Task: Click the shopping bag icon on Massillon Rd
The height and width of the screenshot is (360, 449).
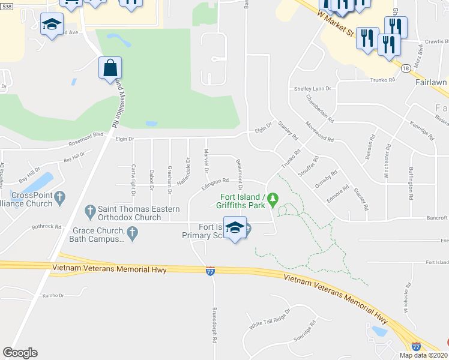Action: [x=110, y=68]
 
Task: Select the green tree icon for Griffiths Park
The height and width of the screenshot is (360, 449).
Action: [x=273, y=197]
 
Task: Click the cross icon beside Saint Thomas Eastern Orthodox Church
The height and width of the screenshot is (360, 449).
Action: [x=90, y=211]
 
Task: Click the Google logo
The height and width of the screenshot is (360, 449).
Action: [x=20, y=353]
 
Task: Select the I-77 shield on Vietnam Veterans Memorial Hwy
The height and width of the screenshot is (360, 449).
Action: [x=210, y=271]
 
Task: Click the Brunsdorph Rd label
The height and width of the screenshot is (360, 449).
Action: [x=214, y=325]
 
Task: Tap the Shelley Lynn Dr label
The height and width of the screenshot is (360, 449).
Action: [x=312, y=89]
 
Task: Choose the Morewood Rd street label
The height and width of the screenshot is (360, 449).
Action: [x=319, y=130]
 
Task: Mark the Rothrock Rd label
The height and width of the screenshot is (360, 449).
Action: [x=47, y=227]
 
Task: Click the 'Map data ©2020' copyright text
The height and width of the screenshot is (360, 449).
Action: [x=423, y=355]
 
